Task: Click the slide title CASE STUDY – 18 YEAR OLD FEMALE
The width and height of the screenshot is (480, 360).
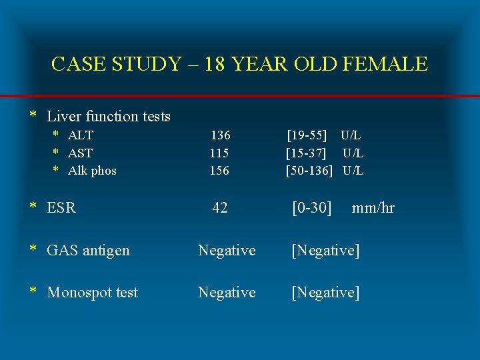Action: [239, 64]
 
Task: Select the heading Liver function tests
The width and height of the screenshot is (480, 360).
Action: [109, 117]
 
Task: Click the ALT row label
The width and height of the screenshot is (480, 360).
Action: [81, 135]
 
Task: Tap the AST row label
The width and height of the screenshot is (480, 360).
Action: [81, 153]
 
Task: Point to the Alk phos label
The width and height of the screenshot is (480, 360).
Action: [92, 171]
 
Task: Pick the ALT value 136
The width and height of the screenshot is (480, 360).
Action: [220, 135]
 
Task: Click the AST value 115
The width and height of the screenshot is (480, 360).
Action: [219, 153]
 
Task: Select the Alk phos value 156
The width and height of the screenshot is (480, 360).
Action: [219, 171]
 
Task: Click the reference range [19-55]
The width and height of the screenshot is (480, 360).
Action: [307, 135]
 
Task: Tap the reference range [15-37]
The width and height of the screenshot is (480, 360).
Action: [306, 153]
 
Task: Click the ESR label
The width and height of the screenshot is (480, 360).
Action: [61, 208]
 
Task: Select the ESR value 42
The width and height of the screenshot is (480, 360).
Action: [220, 208]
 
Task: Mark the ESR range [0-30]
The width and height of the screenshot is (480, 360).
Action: [312, 208]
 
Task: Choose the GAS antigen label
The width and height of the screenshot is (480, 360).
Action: [88, 251]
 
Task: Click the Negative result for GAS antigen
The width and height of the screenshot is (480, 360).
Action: [227, 251]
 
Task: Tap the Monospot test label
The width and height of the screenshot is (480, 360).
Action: [92, 293]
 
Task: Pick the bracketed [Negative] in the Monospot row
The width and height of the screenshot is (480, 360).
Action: [325, 293]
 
